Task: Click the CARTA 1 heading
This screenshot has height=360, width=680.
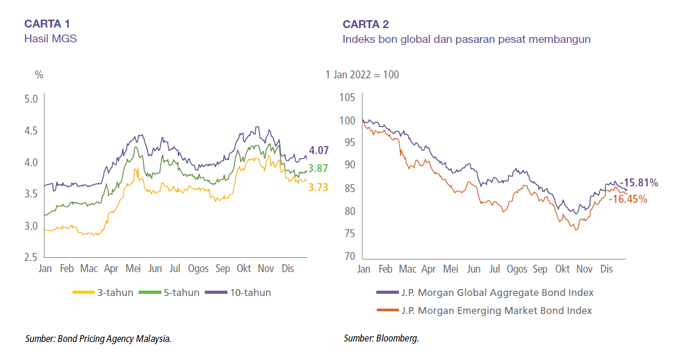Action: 47,24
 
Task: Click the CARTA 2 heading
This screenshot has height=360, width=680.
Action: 366,24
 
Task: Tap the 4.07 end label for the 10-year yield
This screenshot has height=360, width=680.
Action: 320,151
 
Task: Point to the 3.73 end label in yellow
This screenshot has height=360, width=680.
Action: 319,187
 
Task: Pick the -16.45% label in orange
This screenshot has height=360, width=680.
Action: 628,199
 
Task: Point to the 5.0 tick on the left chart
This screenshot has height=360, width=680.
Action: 31,99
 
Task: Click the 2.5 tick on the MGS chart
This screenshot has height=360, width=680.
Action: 31,258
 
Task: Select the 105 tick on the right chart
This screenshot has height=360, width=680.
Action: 347,98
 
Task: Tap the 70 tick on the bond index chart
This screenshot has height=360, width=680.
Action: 349,257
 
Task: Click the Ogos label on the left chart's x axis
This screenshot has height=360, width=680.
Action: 198,269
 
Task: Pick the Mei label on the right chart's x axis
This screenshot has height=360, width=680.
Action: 450,269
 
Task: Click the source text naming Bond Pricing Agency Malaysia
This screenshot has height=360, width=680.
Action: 98,338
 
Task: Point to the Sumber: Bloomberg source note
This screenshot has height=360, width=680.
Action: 381,338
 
